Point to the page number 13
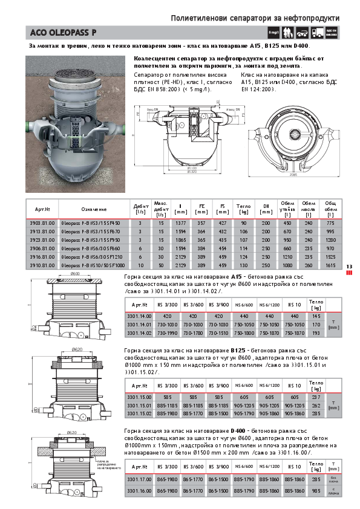[349, 267]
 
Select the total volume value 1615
[330, 265]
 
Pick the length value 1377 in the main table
[180, 223]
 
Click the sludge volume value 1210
[287, 256]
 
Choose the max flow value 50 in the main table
[161, 265]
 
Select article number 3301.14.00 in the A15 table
[139, 316]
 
